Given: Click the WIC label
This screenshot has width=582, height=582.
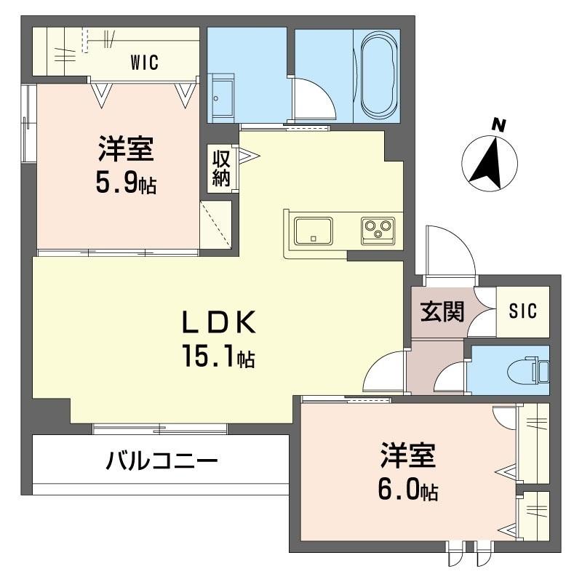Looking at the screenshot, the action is [144, 63].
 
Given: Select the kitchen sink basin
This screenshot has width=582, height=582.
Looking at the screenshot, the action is [314, 231].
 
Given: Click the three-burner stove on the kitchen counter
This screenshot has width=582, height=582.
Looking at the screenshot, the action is [378, 231].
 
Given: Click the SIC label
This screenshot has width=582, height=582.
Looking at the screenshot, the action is [523, 311].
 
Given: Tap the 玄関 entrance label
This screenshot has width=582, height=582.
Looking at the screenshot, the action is [442, 311].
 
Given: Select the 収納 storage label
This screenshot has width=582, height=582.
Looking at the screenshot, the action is [221, 169].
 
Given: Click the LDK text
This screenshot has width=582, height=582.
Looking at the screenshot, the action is [219, 322].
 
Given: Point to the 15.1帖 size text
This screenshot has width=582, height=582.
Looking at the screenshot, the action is [218, 355].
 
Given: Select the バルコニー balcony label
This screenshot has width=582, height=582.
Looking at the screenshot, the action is [162, 461].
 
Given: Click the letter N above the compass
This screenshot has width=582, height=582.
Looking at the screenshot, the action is [499, 125].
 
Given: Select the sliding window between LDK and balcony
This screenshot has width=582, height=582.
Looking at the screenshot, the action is [159, 428].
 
